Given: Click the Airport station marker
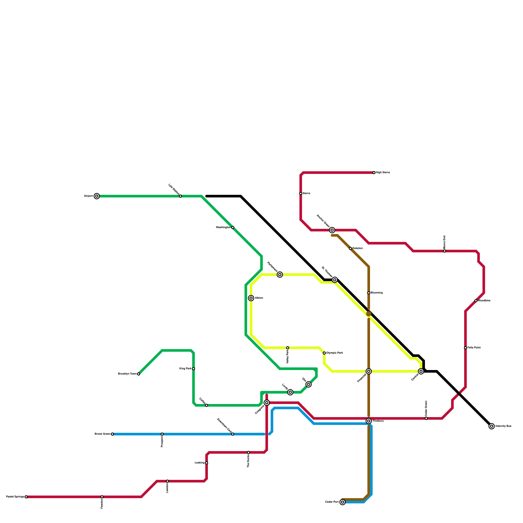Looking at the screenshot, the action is pyautogui.click(x=97, y=196).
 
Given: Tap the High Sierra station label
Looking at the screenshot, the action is pyautogui.click(x=383, y=172).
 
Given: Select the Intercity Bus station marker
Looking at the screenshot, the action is pyautogui.click(x=492, y=426).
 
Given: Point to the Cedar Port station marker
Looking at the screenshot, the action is pyautogui.click(x=343, y=502).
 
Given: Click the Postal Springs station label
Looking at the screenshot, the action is pyautogui.click(x=15, y=497).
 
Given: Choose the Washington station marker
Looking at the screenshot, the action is pyautogui.click(x=233, y=228).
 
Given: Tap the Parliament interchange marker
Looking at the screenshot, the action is pyautogui.click(x=280, y=275).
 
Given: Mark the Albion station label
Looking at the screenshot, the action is pyautogui.click(x=259, y=298).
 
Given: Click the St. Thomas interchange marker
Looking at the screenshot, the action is pyautogui.click(x=335, y=280).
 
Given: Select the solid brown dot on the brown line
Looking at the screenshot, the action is pyautogui.click(x=369, y=314).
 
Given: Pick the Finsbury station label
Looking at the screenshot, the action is pyautogui.click(x=378, y=421).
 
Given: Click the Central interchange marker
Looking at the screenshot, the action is pyautogui.click(x=421, y=371).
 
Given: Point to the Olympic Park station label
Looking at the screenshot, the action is pyautogui.click(x=334, y=353).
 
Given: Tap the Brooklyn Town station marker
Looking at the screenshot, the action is pyautogui.click(x=139, y=374).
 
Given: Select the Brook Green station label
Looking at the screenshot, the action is pyautogui.click(x=102, y=434).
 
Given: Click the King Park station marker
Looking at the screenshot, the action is pyautogui.click(x=194, y=369).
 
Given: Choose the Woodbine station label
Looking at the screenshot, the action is pyautogui.click(x=484, y=301).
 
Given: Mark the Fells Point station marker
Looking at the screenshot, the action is pyautogui.click(x=465, y=348).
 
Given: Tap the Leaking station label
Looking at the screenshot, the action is pyautogui.click(x=199, y=463).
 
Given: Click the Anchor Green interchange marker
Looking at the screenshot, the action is pyautogui.click(x=332, y=230).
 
